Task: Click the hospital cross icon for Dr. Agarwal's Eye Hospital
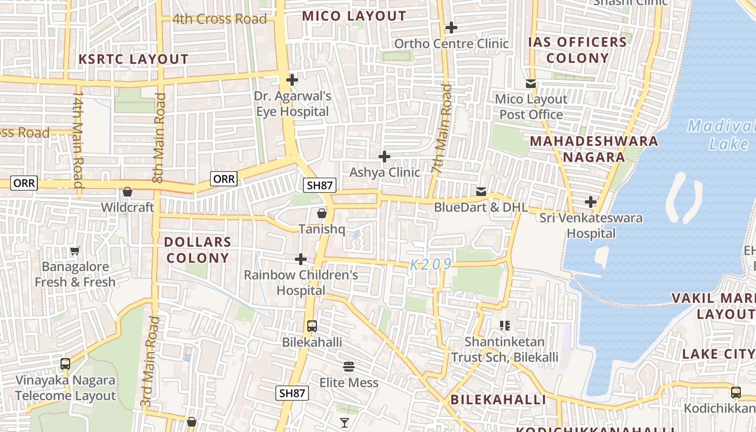pos(292,80)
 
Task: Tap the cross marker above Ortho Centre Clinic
pos(451,28)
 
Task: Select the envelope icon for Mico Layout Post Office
pos(531,84)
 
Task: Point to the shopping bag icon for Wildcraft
pos(127,192)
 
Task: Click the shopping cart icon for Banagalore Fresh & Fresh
pos(75,251)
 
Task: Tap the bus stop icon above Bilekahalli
pos(312,326)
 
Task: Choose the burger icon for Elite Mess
pos(349,367)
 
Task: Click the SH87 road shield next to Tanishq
pos(320,185)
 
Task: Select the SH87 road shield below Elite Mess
pos(292,393)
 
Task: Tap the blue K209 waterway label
pos(430,265)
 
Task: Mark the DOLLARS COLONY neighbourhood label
pos(198,250)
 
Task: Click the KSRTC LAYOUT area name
pos(134,59)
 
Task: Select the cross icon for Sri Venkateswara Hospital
pos(591,202)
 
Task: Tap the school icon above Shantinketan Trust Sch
pos(505,325)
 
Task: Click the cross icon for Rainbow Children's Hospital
pos(301,260)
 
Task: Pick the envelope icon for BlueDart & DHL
pos(481,192)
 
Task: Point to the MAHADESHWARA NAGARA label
pos(594,150)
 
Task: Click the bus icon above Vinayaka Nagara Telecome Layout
pos(65,364)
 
